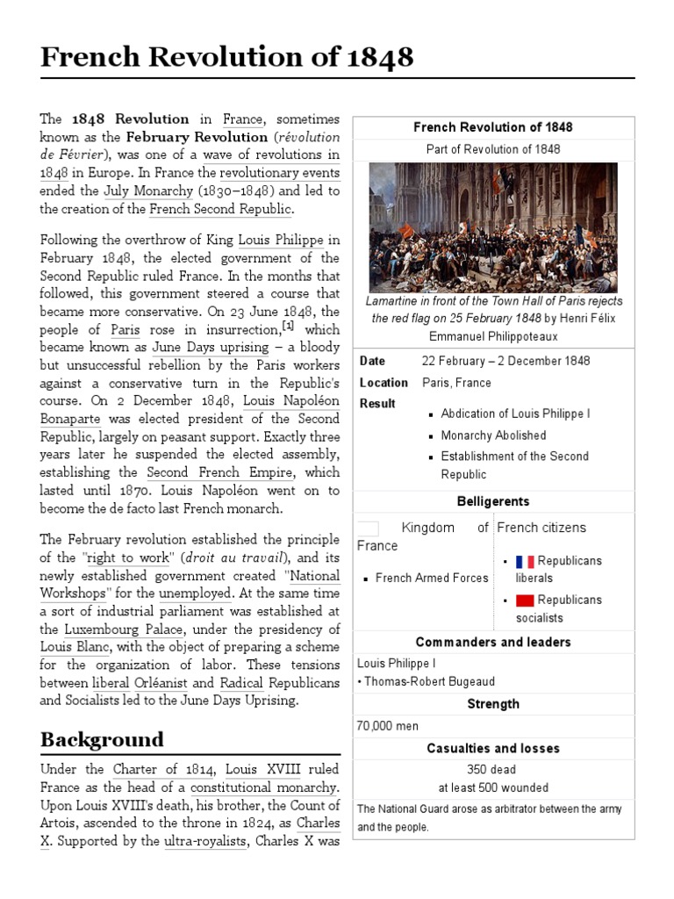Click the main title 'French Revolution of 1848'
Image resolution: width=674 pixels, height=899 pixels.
point(226,57)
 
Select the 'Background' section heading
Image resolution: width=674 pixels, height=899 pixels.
point(102,738)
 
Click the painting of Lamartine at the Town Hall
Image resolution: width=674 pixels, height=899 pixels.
point(492,227)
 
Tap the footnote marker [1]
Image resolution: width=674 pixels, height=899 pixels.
point(287,326)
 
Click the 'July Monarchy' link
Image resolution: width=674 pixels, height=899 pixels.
point(148,191)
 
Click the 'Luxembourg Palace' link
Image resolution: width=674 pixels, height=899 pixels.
point(124,629)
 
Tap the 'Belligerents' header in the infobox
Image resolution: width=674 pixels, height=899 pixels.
point(492,501)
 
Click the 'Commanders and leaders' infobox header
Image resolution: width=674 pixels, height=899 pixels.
point(492,642)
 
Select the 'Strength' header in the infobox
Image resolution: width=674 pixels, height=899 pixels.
point(492,704)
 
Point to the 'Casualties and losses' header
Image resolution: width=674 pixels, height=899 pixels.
point(492,748)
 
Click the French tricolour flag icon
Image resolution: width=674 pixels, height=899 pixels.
point(525,561)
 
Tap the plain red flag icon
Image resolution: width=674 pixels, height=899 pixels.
point(525,601)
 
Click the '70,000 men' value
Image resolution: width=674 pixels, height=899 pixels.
point(387,726)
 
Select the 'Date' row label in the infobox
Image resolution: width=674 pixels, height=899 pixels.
point(373,361)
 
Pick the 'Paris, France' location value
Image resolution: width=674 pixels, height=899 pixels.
point(456,383)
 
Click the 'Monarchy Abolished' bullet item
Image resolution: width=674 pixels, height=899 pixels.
point(493,435)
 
